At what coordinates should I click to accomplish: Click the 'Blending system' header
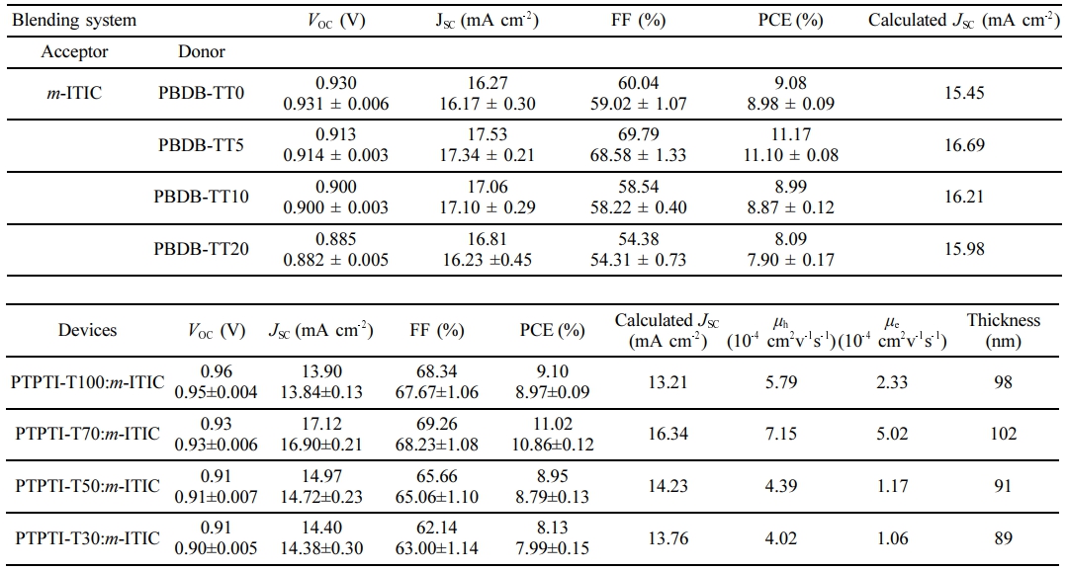pyautogui.click(x=73, y=20)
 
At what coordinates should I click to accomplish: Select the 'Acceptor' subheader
pyautogui.click(x=74, y=51)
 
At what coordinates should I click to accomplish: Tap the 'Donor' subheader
pyautogui.click(x=202, y=51)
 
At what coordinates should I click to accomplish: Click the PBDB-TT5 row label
pyautogui.click(x=201, y=145)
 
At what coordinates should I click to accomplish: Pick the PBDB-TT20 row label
pyautogui.click(x=201, y=249)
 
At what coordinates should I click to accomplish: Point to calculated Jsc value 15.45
pyautogui.click(x=964, y=94)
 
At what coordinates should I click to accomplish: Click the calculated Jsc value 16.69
pyautogui.click(x=964, y=145)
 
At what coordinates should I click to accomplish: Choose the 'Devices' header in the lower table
pyautogui.click(x=88, y=330)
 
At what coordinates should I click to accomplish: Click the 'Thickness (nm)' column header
pyautogui.click(x=1003, y=331)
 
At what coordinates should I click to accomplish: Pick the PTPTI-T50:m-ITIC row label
pyautogui.click(x=87, y=485)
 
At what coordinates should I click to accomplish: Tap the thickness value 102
pyautogui.click(x=1003, y=434)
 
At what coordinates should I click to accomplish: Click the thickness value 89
pyautogui.click(x=1003, y=537)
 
